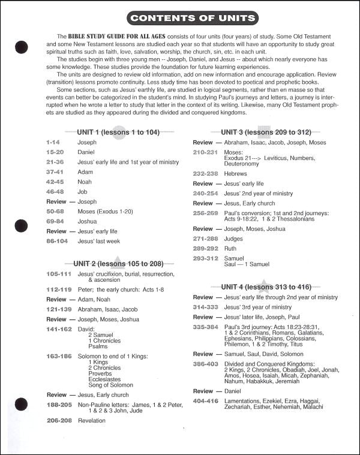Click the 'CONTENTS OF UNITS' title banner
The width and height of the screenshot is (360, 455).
click(193, 18)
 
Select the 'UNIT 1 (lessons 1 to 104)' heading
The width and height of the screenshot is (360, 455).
click(118, 132)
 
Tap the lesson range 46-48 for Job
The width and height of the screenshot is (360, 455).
click(55, 191)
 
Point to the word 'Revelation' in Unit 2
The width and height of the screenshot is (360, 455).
click(91, 420)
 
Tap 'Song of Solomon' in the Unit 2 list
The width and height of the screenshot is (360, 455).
click(110, 385)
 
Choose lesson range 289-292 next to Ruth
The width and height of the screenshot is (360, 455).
click(205, 248)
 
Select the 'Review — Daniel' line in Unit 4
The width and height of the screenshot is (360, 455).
click(217, 391)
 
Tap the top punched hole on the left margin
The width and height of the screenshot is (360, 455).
click(22, 46)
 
